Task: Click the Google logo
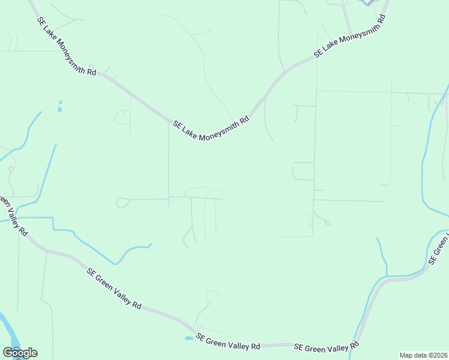[x=20, y=353]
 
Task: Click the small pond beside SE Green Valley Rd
[x=189, y=338]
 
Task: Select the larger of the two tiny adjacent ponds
[x=59, y=110]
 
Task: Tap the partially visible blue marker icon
[x=366, y=2]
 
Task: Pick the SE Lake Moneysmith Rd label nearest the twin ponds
[x=67, y=46]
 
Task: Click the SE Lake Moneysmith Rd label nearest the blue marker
[x=349, y=37]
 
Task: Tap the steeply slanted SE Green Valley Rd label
[x=114, y=289]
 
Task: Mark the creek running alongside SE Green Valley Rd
[x=367, y=300]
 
